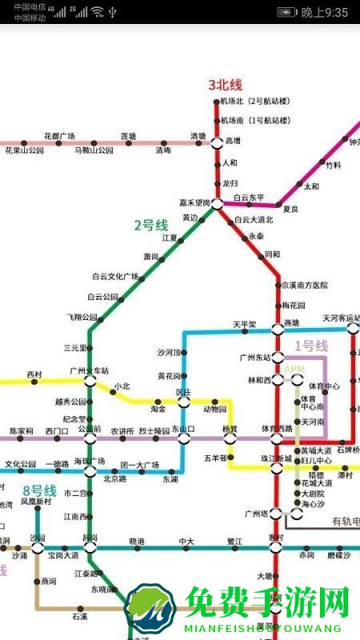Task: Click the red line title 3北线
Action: click(225, 84)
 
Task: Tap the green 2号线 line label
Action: click(150, 226)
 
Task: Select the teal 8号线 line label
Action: click(39, 490)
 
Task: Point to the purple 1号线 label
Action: click(311, 346)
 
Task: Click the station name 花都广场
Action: click(59, 135)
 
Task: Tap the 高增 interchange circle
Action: click(216, 142)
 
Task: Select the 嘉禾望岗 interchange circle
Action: click(217, 204)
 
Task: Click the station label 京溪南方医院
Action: click(305, 285)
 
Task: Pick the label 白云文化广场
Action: click(115, 277)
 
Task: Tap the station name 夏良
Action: click(290, 209)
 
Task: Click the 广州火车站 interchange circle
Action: click(90, 382)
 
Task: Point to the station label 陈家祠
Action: click(22, 431)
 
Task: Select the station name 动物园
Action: click(214, 409)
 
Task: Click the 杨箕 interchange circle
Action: click(230, 438)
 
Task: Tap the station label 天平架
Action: click(245, 325)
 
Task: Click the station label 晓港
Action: click(137, 542)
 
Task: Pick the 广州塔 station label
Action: click(256, 513)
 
